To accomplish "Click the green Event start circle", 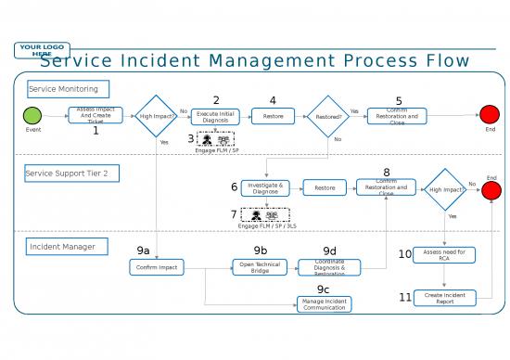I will (x=32, y=116).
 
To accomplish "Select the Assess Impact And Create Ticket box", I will (x=96, y=116).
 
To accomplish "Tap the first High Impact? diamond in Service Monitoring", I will (x=156, y=116).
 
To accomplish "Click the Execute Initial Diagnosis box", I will (x=215, y=116).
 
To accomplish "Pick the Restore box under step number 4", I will (x=273, y=116).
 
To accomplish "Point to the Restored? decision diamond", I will (x=328, y=116).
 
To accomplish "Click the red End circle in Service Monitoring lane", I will (x=490, y=115).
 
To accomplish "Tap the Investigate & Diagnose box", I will (x=265, y=188).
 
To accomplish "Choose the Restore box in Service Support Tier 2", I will (x=325, y=188).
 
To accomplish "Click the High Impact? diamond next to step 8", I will (x=443, y=189).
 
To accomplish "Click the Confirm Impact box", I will (x=157, y=267).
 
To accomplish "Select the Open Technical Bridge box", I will (x=261, y=267).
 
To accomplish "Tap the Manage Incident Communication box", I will (x=325, y=303).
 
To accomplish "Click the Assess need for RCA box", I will (x=444, y=254).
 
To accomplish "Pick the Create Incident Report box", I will (x=444, y=298).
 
